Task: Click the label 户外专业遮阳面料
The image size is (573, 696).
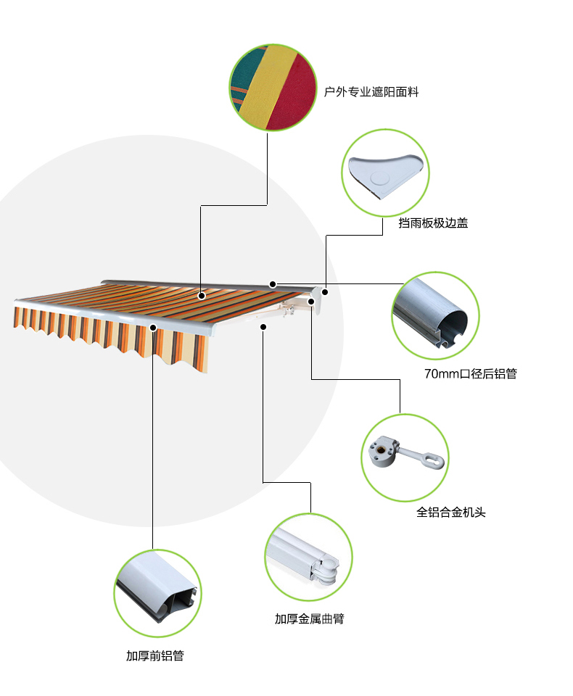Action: pyautogui.click(x=371, y=92)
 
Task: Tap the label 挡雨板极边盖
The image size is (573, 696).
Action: pyautogui.click(x=433, y=223)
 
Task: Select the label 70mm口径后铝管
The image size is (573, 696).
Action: pyautogui.click(x=471, y=374)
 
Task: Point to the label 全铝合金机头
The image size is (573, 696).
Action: pyautogui.click(x=451, y=513)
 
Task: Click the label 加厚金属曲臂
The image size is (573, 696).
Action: pyautogui.click(x=310, y=618)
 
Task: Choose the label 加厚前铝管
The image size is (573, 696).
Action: pyautogui.click(x=155, y=655)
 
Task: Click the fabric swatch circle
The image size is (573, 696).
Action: pyautogui.click(x=273, y=88)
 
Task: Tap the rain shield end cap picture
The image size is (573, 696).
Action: pyautogui.click(x=385, y=173)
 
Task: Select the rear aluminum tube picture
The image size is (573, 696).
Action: pyautogui.click(x=435, y=315)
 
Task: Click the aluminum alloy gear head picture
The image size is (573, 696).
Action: pyautogui.click(x=405, y=457)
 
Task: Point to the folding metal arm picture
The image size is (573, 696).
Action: pyautogui.click(x=309, y=558)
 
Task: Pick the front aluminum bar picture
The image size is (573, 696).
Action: pyautogui.click(x=157, y=594)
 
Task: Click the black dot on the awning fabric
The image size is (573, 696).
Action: pyautogui.click(x=202, y=296)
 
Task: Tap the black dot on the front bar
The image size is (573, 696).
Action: pyautogui.click(x=153, y=328)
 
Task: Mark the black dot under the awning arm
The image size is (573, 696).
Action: pyautogui.click(x=263, y=327)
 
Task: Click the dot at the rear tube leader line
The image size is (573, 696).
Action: pyautogui.click(x=273, y=284)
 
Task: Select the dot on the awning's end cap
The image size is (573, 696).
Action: pyautogui.click(x=325, y=292)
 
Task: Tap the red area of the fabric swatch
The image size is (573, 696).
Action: pyautogui.click(x=294, y=96)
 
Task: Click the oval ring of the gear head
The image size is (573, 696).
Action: pyautogui.click(x=433, y=460)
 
